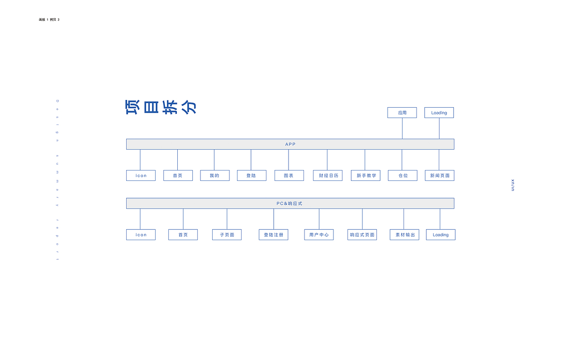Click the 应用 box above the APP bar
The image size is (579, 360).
pyautogui.click(x=402, y=113)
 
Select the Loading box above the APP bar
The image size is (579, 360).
pyautogui.click(x=439, y=113)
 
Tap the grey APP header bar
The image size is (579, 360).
pyautogui.click(x=290, y=144)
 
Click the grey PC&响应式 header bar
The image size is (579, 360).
pyautogui.click(x=290, y=204)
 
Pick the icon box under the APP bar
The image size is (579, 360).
pyautogui.click(x=141, y=175)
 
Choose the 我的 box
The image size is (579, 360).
pyautogui.click(x=214, y=175)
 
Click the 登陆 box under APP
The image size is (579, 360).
pyautogui.click(x=252, y=175)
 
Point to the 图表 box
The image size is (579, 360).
pyautogui.click(x=289, y=175)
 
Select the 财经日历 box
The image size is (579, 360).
pyautogui.click(x=327, y=175)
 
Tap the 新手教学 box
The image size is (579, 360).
pyautogui.click(x=365, y=175)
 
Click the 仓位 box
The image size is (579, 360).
pyautogui.click(x=403, y=175)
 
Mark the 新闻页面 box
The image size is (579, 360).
pyautogui.click(x=439, y=175)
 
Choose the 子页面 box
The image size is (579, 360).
pyautogui.click(x=227, y=235)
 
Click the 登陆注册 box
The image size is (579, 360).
pyautogui.click(x=273, y=235)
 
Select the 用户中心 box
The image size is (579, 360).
pyautogui.click(x=319, y=235)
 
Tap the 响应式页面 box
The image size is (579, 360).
pyautogui.click(x=362, y=235)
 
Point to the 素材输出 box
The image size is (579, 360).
pyautogui.click(x=404, y=235)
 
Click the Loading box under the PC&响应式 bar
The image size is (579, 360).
pyautogui.click(x=441, y=235)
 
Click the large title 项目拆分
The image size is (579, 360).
pyautogui.click(x=161, y=107)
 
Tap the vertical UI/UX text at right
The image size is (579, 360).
pyautogui.click(x=513, y=185)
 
